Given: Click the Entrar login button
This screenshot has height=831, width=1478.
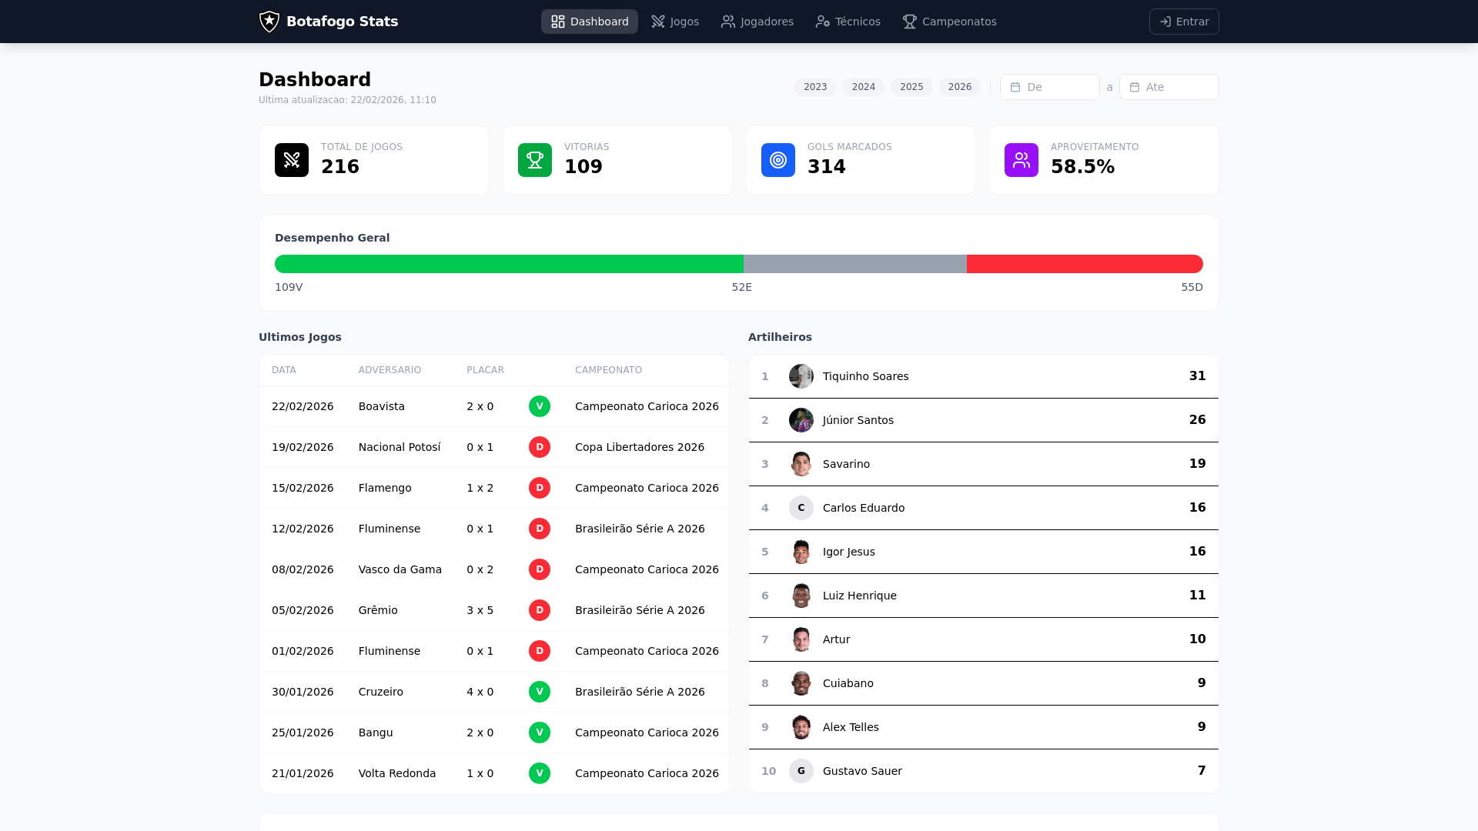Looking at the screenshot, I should point(1183,22).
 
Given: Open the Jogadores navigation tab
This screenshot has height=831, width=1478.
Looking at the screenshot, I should point(757,22).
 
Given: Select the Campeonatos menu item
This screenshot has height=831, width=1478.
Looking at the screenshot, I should point(949,22).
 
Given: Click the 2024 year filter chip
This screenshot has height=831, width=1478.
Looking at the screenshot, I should point(863,87).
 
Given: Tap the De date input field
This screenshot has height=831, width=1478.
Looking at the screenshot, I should point(1049,87).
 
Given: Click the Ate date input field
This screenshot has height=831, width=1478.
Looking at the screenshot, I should point(1169,87).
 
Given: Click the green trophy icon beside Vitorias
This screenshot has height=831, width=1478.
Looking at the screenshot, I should point(534,160).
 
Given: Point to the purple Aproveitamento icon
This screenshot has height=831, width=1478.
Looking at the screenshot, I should point(1021,160).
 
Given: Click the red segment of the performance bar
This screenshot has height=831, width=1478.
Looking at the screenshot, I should point(1084,264).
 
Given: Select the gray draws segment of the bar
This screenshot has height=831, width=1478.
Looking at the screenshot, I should point(854,264).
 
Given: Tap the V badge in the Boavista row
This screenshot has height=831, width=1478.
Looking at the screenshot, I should point(539,406).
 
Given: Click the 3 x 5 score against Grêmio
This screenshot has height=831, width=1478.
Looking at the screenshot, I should point(480,610).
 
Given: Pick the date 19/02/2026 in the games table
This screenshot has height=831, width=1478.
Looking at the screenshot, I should point(303,447).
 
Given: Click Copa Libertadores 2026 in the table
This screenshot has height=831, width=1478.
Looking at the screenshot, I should point(639,447).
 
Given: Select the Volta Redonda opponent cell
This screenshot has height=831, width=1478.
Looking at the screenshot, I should point(396,773).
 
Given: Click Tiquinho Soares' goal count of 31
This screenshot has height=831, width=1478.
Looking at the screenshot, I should point(1196,376).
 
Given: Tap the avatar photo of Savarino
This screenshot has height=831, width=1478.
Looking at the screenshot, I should point(801,464).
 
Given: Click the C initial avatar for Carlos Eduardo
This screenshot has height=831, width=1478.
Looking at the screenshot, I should point(801,508).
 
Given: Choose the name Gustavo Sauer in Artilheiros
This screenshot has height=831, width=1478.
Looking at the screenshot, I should point(861,771).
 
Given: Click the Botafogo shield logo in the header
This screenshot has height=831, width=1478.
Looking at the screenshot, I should point(269,22).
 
